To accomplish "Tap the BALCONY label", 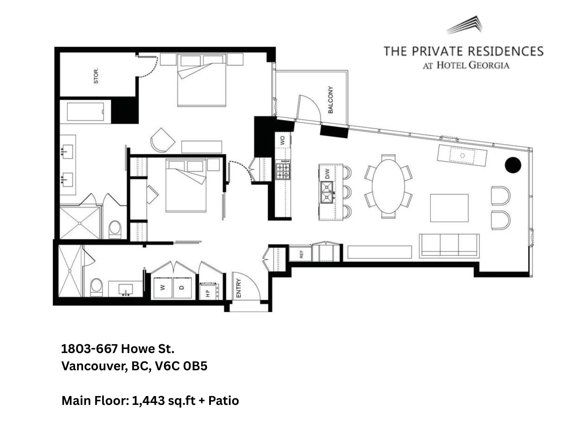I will click(x=330, y=100).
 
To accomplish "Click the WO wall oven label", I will click(x=282, y=141).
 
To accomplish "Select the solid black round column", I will click(x=513, y=165).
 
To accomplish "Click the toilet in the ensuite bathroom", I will click(x=115, y=229).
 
